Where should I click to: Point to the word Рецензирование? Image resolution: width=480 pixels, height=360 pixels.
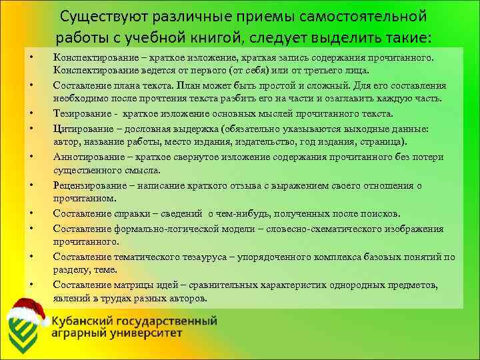[x=90, y=186]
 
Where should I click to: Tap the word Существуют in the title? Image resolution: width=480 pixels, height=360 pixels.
[x=98, y=15]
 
